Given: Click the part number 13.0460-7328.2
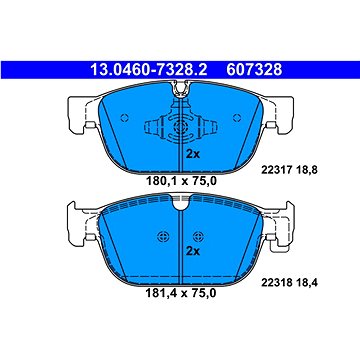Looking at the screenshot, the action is (x=149, y=70).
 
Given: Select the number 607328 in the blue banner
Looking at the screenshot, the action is (x=254, y=70).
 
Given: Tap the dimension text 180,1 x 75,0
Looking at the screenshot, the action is (x=181, y=181).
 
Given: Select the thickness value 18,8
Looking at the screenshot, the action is (x=304, y=170).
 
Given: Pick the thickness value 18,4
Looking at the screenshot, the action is (x=304, y=283).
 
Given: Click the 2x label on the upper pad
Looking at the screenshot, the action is (x=192, y=154).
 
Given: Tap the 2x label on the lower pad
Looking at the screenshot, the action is (x=192, y=251).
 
